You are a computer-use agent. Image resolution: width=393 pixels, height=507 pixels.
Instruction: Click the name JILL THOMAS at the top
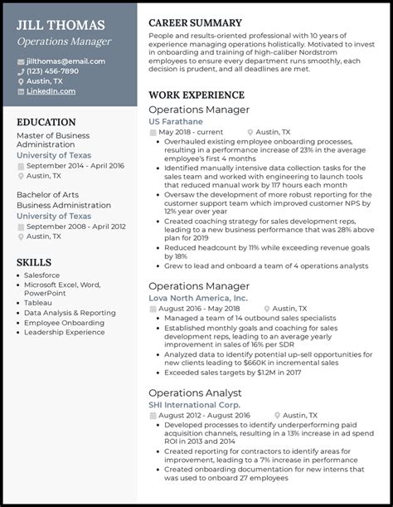[61, 25]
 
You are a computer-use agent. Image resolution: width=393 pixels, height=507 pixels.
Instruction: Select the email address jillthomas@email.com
[65, 61]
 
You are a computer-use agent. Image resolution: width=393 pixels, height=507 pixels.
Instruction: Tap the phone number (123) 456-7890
[53, 71]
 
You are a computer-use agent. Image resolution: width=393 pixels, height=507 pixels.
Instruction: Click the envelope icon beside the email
[21, 61]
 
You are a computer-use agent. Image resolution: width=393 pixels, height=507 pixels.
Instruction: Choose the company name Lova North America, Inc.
[197, 297]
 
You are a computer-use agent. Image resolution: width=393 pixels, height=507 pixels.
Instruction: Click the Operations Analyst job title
[195, 392]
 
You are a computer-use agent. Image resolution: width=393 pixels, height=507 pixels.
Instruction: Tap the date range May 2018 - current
[191, 132]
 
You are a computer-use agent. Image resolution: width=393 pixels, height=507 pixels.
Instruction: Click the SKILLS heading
[34, 262]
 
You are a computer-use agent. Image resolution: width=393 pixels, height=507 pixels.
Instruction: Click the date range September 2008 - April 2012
[75, 227]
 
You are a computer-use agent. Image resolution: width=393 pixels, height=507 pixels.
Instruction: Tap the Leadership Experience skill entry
[65, 332]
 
